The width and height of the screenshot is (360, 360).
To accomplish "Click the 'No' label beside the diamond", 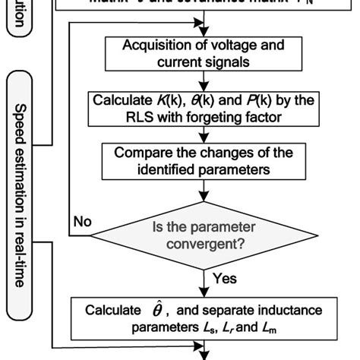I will (84, 222).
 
